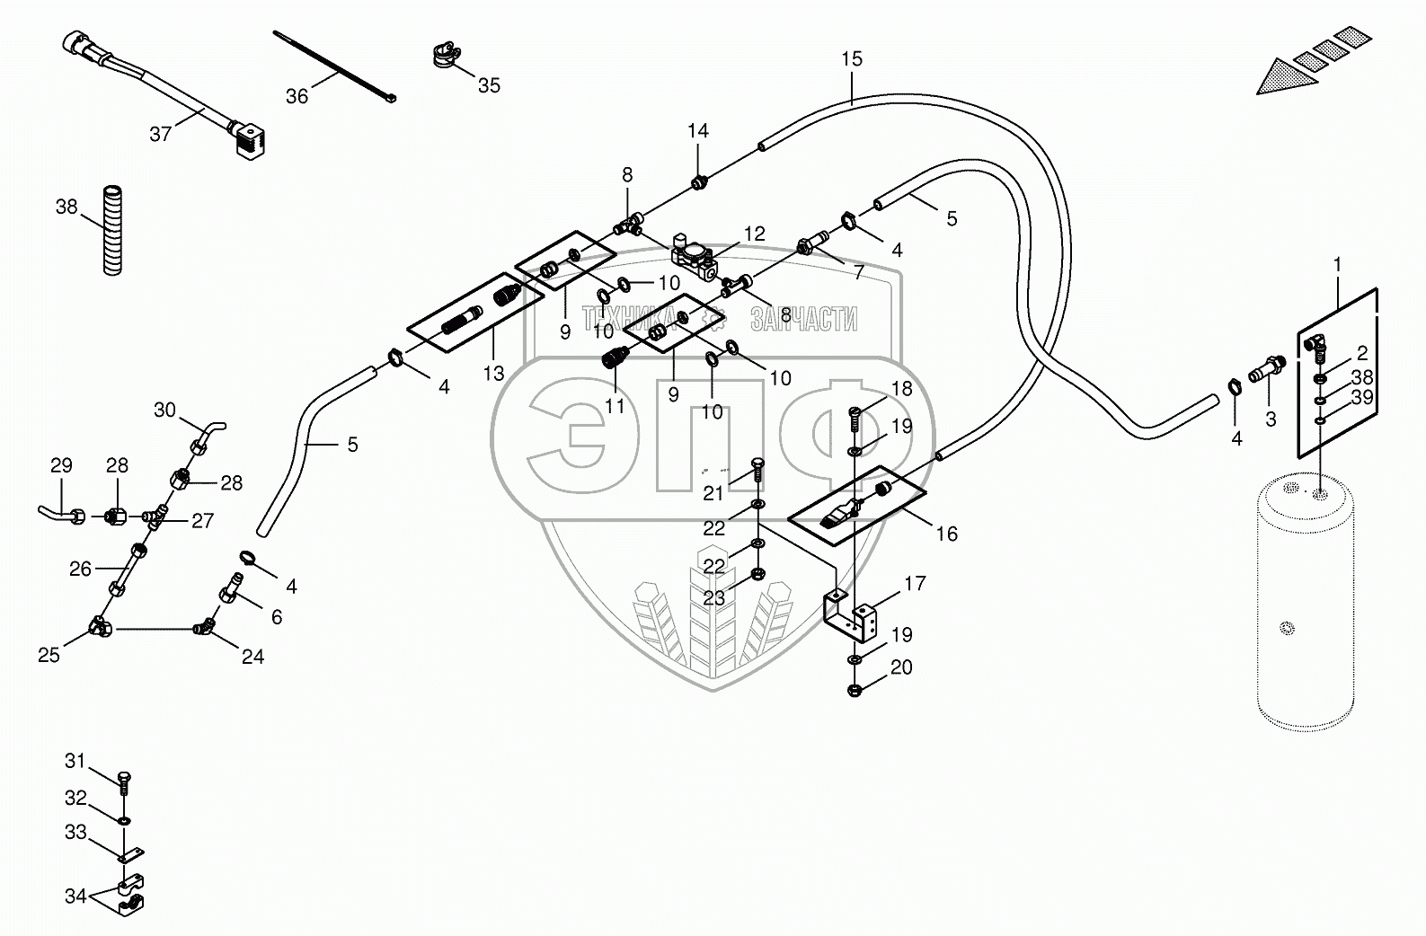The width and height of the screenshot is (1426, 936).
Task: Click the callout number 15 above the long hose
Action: pos(852,59)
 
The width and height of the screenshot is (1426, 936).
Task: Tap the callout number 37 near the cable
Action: pos(161,134)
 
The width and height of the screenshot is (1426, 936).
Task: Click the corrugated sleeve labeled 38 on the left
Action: pos(113,229)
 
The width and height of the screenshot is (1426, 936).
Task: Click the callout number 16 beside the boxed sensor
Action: pos(946,534)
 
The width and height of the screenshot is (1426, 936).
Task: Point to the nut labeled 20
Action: pos(855,692)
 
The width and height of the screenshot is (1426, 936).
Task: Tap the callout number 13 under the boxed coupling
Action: pos(493,374)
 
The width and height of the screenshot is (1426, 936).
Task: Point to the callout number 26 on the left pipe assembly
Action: pos(81,569)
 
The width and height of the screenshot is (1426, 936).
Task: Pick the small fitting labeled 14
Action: pos(698,184)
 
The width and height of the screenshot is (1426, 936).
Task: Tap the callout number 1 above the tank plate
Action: pos(1337,265)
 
